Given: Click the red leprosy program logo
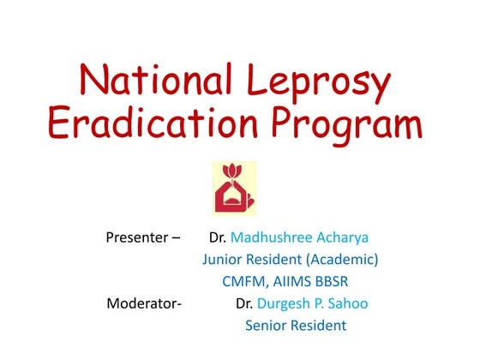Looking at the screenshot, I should tap(234, 188).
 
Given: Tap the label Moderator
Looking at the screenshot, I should tap(144, 303).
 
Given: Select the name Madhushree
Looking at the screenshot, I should tap(273, 236).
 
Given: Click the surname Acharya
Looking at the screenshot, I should tap(348, 236).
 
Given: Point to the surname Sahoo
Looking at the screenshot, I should tap(353, 303).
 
